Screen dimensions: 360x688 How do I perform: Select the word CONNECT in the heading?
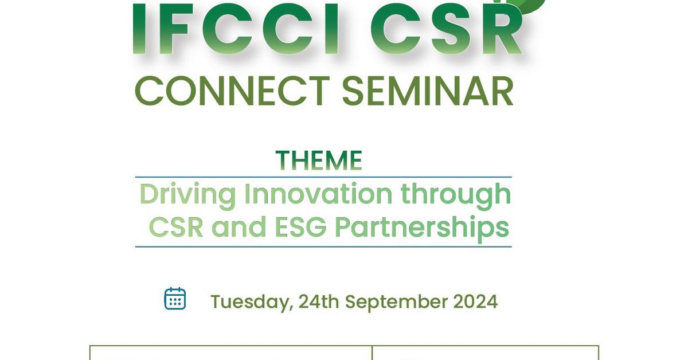(232, 91)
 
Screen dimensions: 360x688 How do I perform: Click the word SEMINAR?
(427, 91)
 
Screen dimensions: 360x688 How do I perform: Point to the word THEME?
(319, 161)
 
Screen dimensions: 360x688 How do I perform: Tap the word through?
(455, 195)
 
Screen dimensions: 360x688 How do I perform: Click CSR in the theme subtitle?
(176, 228)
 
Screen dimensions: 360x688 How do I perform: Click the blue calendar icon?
(175, 299)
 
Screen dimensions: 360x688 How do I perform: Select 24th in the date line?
(318, 302)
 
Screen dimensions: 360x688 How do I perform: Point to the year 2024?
(475, 302)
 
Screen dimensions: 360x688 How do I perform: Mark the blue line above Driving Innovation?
(323, 177)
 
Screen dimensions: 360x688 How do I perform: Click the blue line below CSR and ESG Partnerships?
(323, 246)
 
